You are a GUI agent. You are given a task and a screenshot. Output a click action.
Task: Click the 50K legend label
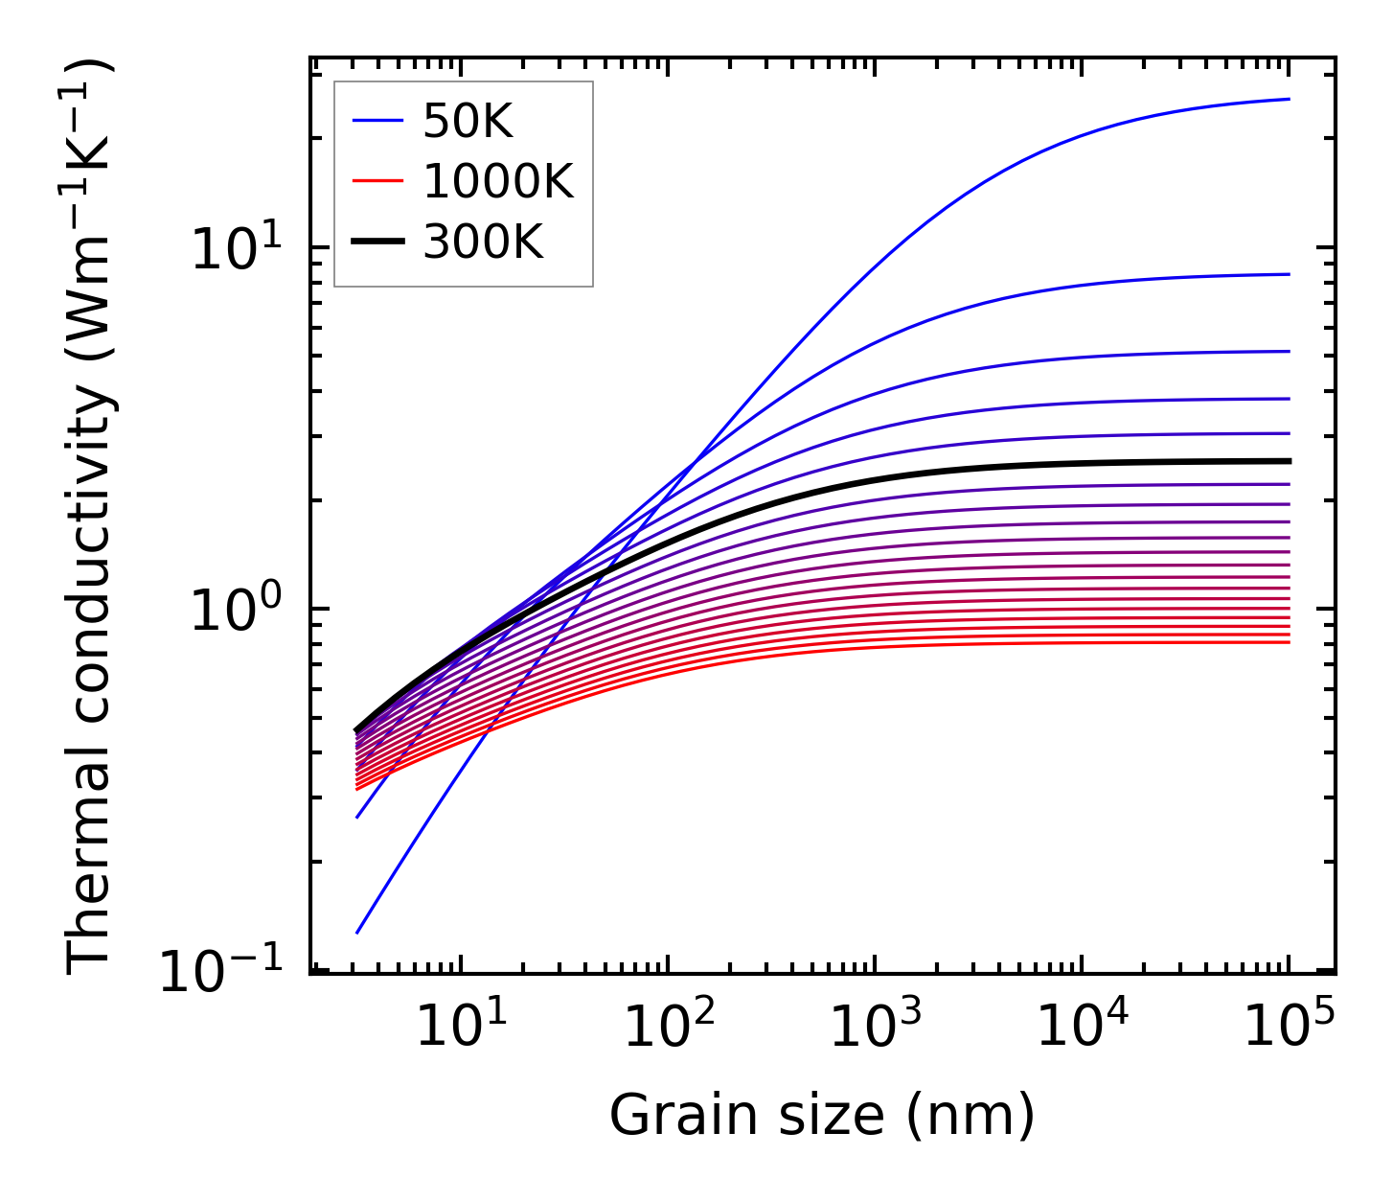tap(468, 121)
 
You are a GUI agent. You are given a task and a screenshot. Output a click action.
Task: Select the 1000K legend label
tap(498, 181)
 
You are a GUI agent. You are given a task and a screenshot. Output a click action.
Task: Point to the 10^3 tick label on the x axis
tap(875, 1026)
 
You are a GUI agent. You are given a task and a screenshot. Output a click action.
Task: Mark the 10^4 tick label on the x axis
tap(1082, 1026)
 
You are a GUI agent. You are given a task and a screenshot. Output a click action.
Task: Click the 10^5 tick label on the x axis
tap(1289, 1026)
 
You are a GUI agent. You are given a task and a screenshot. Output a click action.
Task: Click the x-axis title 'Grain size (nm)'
tap(822, 1115)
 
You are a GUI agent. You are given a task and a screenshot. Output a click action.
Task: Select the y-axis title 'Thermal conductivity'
tap(91, 518)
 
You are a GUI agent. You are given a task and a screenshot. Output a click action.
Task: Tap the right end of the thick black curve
tap(1289, 461)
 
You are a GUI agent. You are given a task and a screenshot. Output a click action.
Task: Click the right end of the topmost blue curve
tap(1289, 99)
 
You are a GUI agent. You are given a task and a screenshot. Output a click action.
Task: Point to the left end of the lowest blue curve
tap(357, 932)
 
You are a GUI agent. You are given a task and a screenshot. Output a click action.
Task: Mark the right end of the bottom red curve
tap(1289, 641)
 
